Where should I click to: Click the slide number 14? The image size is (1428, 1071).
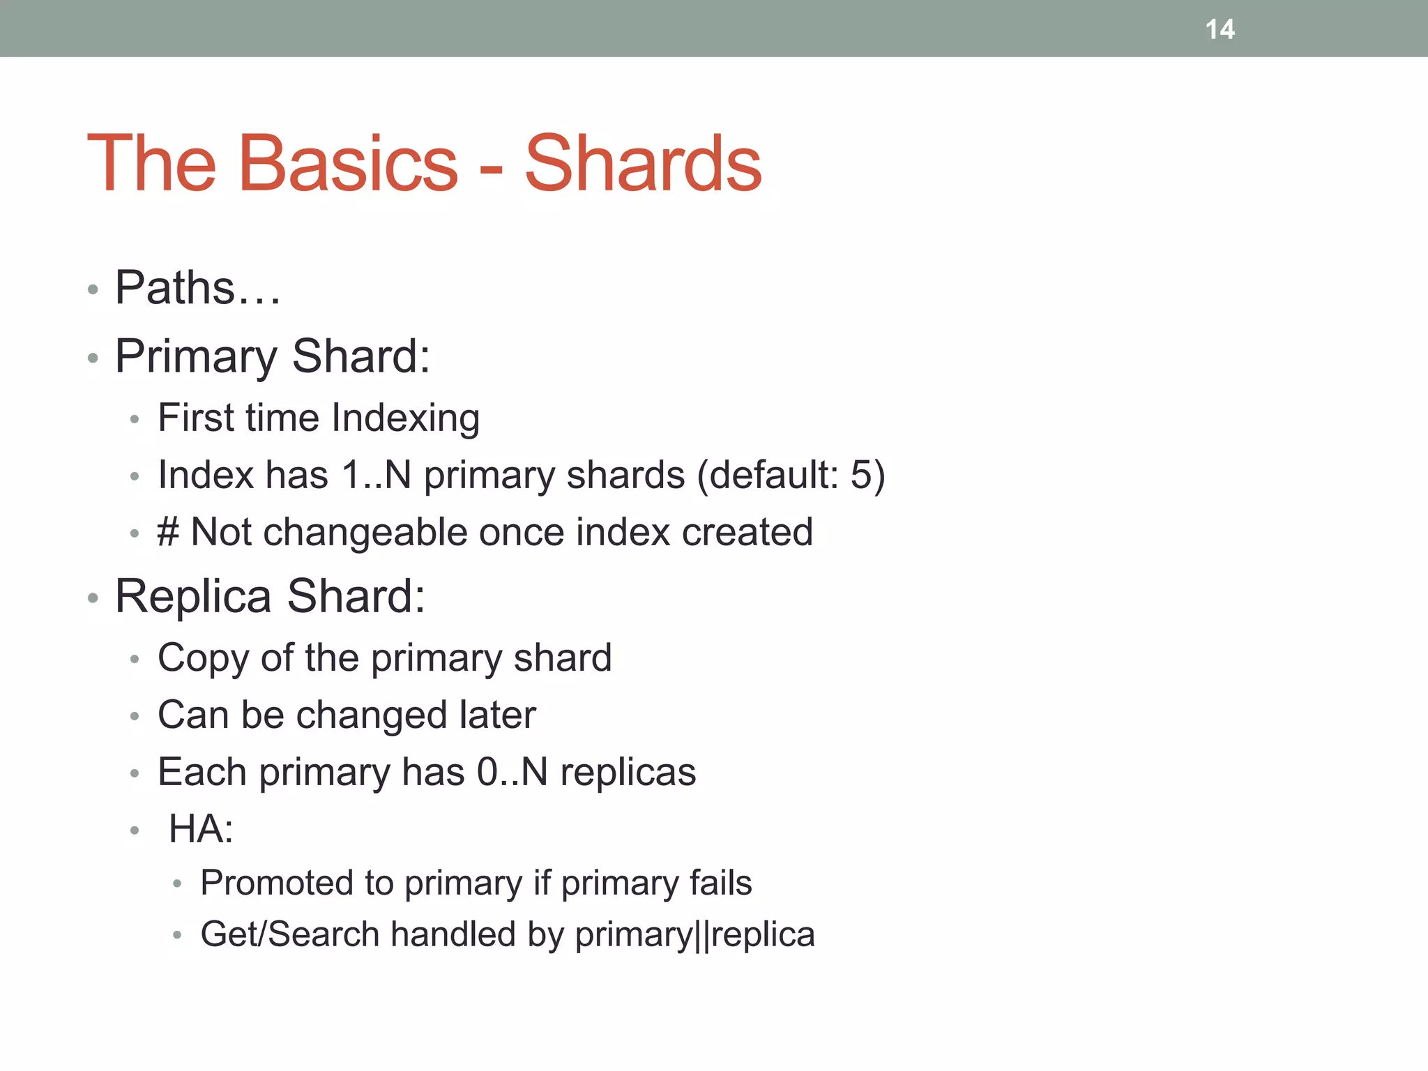click(1220, 29)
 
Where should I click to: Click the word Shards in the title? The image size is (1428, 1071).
click(643, 164)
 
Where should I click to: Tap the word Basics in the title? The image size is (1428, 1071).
click(349, 164)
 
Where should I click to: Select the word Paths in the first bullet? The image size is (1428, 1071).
click(175, 288)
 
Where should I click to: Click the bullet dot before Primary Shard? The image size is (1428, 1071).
click(93, 358)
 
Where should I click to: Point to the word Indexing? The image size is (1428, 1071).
click(405, 418)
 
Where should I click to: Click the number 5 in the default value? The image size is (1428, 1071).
click(861, 476)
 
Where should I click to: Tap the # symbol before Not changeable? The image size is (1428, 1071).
click(168, 533)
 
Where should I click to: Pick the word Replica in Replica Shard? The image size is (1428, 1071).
click(193, 597)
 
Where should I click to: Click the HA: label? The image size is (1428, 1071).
click(201, 830)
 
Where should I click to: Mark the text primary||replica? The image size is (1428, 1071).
click(694, 935)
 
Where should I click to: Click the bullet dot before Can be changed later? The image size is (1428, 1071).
click(135, 717)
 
